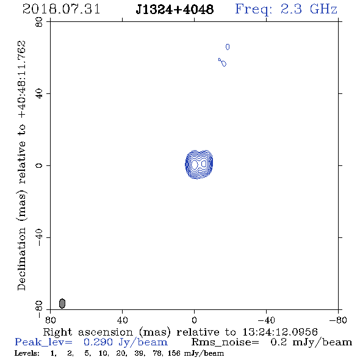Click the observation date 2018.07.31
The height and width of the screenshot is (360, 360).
[x=61, y=9]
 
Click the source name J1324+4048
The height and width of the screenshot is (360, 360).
[x=175, y=9]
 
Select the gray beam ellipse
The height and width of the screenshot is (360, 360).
[x=62, y=303]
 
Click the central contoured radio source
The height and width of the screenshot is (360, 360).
[x=199, y=164]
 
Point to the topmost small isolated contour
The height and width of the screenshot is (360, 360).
[x=228, y=47]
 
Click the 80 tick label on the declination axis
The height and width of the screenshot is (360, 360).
[x=39, y=22]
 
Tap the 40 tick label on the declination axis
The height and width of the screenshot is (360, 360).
[x=39, y=94]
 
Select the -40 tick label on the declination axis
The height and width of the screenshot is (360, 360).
[x=39, y=237]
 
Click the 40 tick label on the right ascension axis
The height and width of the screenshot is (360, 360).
[x=122, y=320]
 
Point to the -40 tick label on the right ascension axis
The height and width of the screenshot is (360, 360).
[x=266, y=320]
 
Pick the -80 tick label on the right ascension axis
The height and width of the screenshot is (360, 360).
[x=338, y=320]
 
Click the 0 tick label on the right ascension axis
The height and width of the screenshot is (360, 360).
[x=194, y=320]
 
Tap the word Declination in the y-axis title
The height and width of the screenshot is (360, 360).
[x=21, y=259]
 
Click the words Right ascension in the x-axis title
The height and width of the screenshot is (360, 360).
[x=88, y=332]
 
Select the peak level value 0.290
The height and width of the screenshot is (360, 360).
[x=98, y=342]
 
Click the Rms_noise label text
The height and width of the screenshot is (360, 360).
[x=225, y=342]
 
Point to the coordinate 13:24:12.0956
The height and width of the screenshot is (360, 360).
[x=280, y=332]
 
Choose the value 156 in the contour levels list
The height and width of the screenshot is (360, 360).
[x=173, y=353]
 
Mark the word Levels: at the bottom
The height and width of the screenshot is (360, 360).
[x=27, y=353]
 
